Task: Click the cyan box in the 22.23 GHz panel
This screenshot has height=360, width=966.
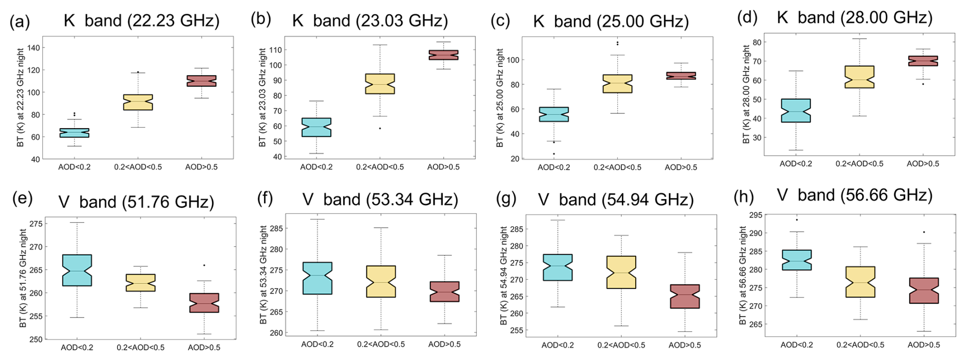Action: [75, 133]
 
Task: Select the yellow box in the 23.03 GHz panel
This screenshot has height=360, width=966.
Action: [380, 84]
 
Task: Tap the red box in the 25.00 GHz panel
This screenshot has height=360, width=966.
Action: [681, 76]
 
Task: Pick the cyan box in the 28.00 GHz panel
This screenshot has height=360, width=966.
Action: [796, 110]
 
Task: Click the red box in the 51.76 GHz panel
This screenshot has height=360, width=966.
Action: [204, 303]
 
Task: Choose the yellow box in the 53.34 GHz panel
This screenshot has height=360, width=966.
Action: [381, 281]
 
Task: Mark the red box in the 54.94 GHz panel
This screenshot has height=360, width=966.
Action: [685, 296]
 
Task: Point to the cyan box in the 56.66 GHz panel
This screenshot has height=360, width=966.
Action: [796, 260]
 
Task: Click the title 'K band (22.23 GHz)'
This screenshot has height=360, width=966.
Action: [141, 21]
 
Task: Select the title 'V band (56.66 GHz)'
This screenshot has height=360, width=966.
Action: [854, 195]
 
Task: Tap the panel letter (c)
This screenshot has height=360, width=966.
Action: [500, 21]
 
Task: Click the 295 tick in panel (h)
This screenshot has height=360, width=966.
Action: [754, 215]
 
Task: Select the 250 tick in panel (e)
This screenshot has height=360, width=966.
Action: [36, 339]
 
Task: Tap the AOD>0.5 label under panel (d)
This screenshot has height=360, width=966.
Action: [923, 164]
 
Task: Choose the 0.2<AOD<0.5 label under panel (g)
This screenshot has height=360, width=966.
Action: [621, 345]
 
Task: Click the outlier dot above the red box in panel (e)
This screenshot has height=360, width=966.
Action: [204, 266]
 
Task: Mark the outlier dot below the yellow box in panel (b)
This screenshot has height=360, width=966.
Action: [380, 128]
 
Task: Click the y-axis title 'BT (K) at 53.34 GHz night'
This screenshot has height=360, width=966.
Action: [263, 275]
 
